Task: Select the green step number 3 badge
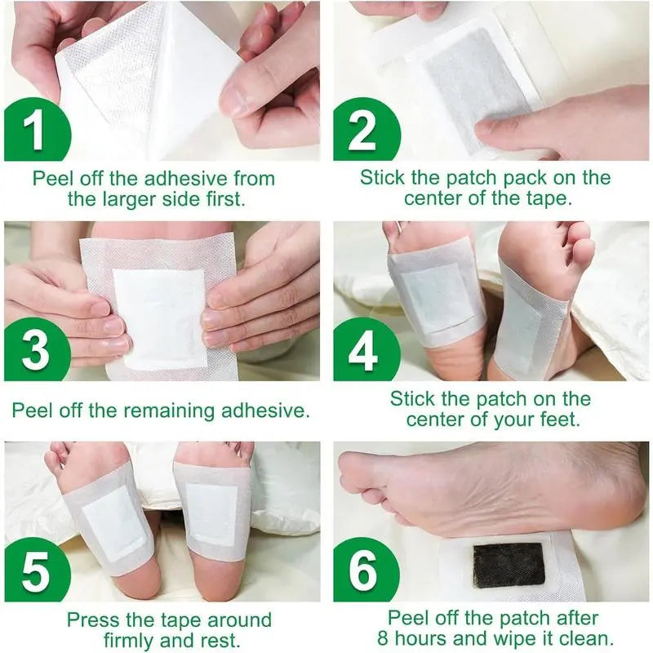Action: point(34,352)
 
